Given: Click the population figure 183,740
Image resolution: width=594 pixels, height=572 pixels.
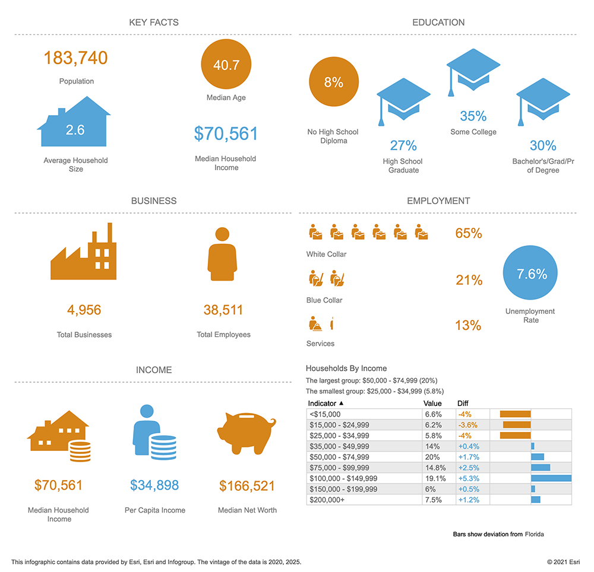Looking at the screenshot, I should point(75,58).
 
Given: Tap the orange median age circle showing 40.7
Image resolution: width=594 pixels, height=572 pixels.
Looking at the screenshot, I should point(226,65).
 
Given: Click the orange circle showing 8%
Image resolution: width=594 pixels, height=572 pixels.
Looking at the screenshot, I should point(333,82).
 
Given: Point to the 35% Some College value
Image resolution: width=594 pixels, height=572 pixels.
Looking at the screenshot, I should point(473,116).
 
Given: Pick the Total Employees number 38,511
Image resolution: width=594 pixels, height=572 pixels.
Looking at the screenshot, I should point(223,310).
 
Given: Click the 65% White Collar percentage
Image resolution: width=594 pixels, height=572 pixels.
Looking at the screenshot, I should point(469,233).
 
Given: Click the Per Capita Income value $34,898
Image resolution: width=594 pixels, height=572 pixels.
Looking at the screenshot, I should point(154,486).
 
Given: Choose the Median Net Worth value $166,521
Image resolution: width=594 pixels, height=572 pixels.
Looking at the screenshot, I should point(247,486).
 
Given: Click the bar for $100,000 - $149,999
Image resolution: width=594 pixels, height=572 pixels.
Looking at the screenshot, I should point(551,478).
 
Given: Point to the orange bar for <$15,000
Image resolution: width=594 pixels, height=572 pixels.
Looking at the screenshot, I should point(515,414).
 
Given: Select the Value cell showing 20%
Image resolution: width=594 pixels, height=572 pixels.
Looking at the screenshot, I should point(432,457).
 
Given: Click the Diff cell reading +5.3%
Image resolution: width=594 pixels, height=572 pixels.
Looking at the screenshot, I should point(468,478).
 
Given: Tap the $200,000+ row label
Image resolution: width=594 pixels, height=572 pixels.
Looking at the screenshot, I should point(326,500).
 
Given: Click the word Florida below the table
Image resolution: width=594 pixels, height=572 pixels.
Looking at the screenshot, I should point(534,534).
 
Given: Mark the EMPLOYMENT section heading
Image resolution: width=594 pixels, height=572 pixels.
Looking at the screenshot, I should point(438,201).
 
